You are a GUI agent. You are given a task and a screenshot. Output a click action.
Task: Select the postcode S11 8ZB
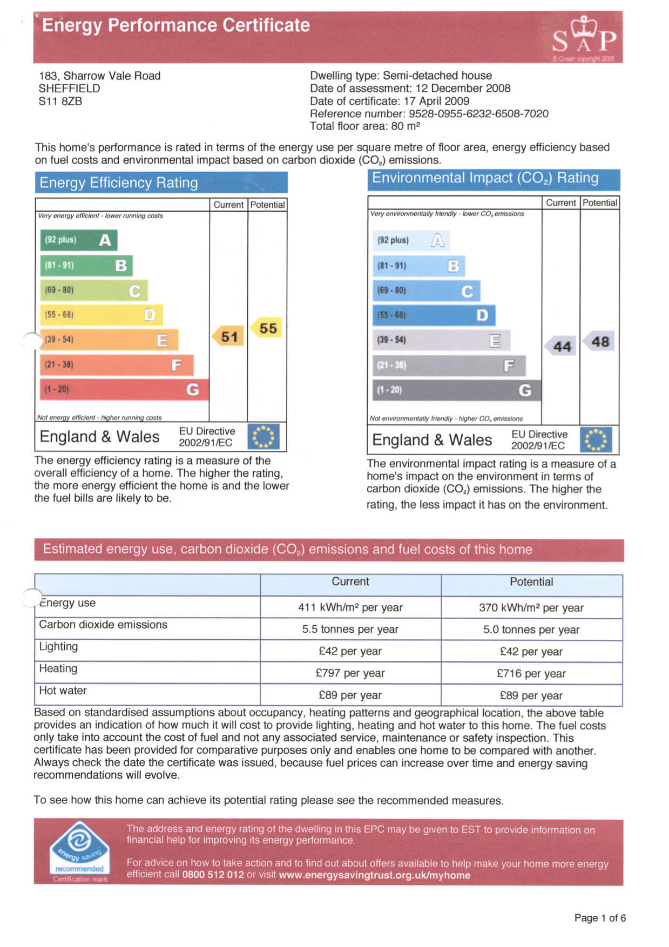[x=60, y=101]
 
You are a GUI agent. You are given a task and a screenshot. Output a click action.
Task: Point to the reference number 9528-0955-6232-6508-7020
[x=478, y=113]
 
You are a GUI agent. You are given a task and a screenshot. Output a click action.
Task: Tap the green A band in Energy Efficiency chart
[x=79, y=240]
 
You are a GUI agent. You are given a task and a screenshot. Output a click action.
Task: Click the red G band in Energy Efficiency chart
[x=124, y=389]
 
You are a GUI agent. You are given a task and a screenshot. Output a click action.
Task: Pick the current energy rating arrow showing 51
[x=228, y=336]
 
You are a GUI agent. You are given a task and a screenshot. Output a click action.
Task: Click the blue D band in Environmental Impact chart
[x=434, y=315]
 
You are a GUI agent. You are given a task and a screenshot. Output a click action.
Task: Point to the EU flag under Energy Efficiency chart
[x=263, y=437]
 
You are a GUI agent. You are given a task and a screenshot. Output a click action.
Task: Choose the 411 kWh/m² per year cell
[x=350, y=607]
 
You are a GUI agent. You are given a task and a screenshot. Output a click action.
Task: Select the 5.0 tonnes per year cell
[x=531, y=630]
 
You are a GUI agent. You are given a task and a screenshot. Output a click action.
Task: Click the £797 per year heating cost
[x=350, y=673]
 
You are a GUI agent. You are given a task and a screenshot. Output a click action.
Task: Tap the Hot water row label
[x=63, y=691]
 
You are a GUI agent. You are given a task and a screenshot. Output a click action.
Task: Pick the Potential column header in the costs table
[x=531, y=581]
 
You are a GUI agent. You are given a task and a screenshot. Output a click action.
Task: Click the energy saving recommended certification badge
[x=80, y=851]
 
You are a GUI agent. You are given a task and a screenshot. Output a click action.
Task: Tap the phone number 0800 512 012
[x=213, y=875]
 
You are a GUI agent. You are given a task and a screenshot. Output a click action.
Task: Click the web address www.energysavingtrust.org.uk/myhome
[x=374, y=875]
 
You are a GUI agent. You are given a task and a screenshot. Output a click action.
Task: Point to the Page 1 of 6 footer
[x=600, y=918]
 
